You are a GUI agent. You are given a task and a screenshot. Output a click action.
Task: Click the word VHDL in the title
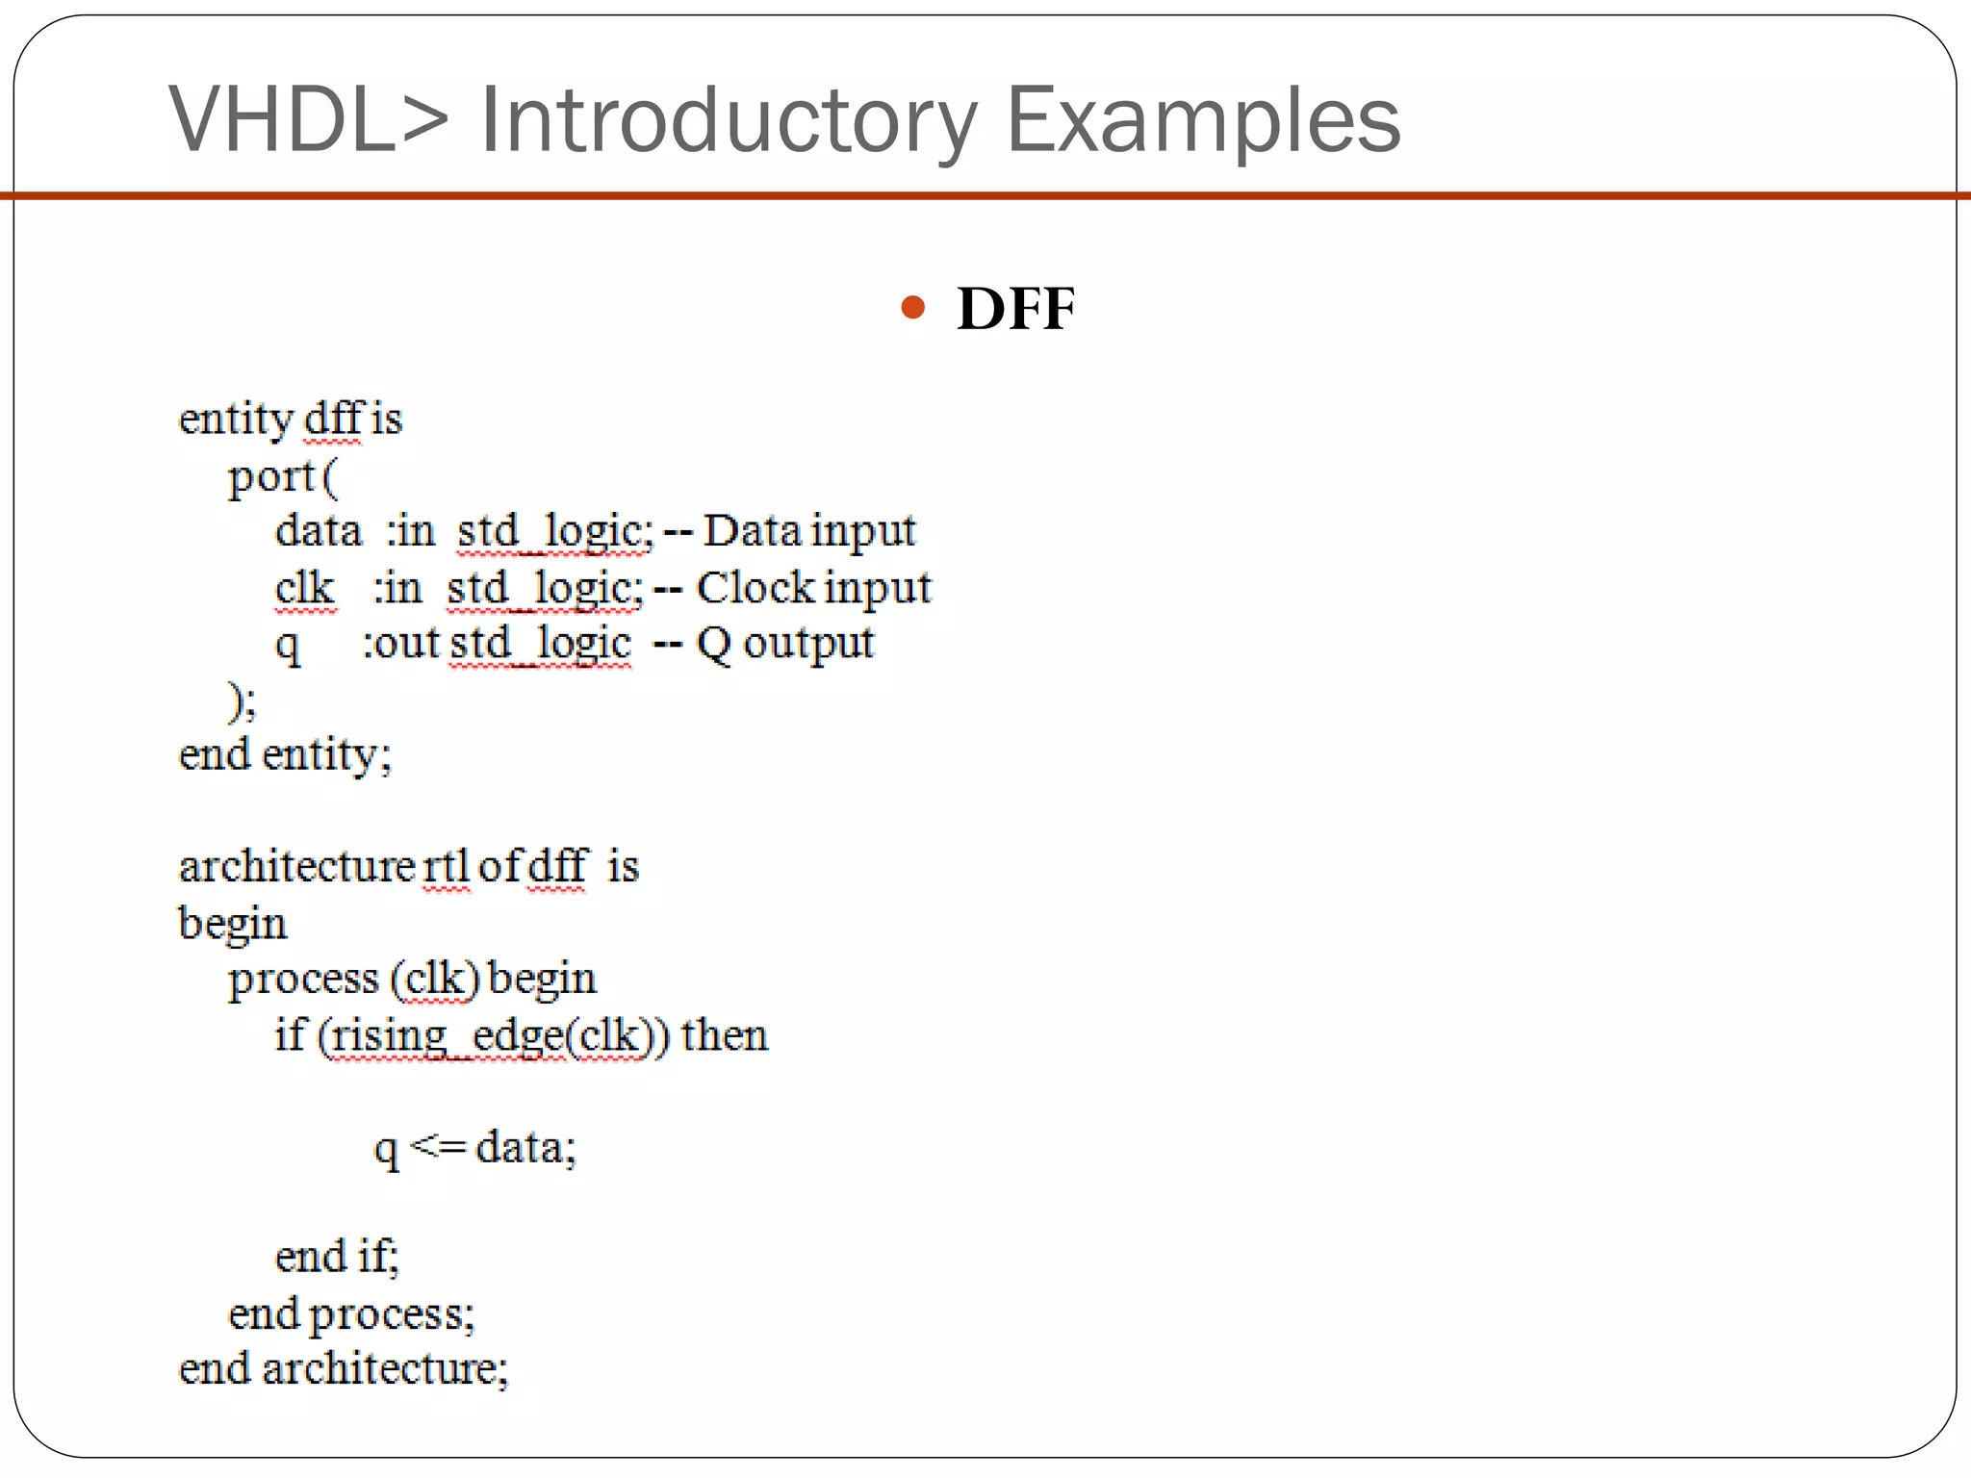pyautogui.click(x=281, y=120)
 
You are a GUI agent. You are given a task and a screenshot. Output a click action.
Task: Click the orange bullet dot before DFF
pyautogui.click(x=912, y=309)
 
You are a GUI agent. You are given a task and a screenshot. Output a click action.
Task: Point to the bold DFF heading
pyautogui.click(x=1015, y=309)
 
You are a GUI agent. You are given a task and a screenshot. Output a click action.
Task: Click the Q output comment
pyautogui.click(x=785, y=644)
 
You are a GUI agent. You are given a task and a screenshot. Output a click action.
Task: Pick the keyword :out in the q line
pyautogui.click(x=400, y=644)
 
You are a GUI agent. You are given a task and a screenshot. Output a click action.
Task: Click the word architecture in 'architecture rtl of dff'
pyautogui.click(x=296, y=867)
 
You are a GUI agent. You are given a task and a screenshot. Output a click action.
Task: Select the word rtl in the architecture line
pyautogui.click(x=446, y=867)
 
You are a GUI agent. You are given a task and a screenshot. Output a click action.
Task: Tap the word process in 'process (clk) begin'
pyautogui.click(x=303, y=980)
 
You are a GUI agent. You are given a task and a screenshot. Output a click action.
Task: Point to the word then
pyautogui.click(x=725, y=1036)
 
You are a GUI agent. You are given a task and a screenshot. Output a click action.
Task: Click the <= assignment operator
pyautogui.click(x=438, y=1146)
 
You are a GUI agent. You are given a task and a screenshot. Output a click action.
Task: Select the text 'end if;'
pyautogui.click(x=337, y=1257)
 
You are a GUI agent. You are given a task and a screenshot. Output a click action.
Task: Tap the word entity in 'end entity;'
pyautogui.click(x=325, y=754)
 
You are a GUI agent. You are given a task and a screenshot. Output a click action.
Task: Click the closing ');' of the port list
pyautogui.click(x=242, y=701)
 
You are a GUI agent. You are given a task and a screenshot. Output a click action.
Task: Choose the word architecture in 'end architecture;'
pyautogui.click(x=384, y=1368)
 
